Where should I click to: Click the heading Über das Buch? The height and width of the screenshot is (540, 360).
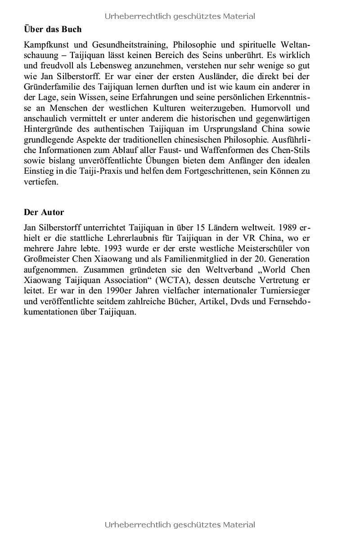tap(53, 29)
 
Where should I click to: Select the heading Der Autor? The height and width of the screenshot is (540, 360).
tap(44, 212)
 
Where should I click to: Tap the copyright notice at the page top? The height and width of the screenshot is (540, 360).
tap(180, 16)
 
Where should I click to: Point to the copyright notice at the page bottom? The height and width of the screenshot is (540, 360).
tap(180, 525)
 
